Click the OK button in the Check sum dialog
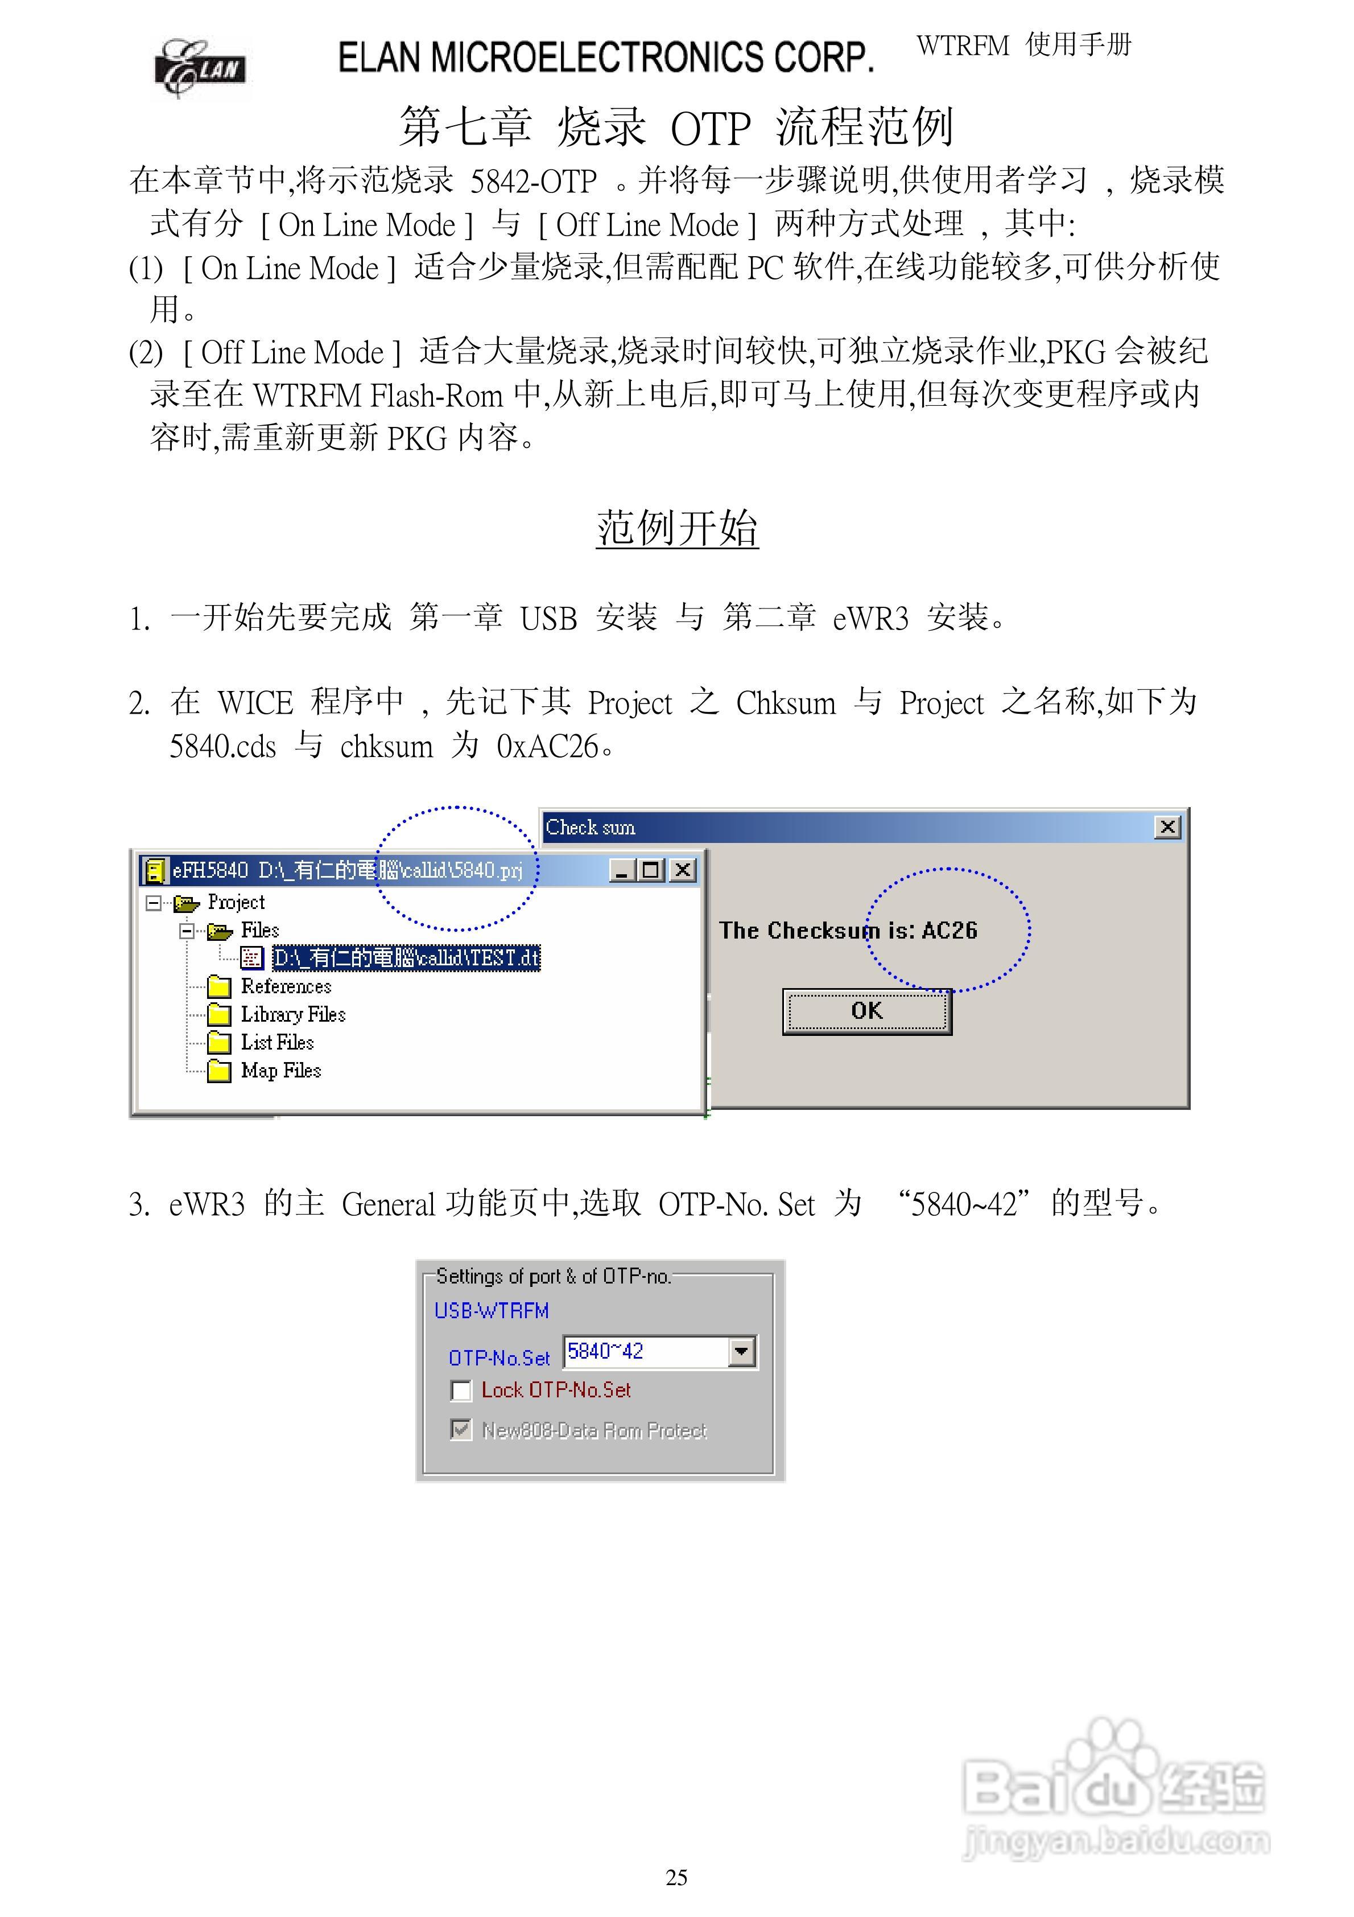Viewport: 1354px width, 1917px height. pos(866,1011)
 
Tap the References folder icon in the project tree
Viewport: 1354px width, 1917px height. pos(218,987)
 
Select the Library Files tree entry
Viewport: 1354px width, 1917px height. pos(292,1014)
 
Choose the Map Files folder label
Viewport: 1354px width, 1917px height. pos(280,1071)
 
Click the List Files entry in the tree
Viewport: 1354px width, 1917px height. pos(277,1042)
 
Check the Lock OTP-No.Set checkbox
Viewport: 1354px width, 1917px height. pos(461,1390)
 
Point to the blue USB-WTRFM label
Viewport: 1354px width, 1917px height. pos(491,1311)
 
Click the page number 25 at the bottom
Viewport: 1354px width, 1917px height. pos(676,1878)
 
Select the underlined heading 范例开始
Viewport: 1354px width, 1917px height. pos(676,529)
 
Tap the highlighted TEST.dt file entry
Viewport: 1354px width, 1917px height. pos(406,958)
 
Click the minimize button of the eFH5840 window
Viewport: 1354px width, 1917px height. pos(621,871)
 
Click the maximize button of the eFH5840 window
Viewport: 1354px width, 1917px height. pos(651,871)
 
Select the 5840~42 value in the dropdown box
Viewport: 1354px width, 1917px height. pos(606,1351)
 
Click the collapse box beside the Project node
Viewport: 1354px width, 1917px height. pos(153,903)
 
